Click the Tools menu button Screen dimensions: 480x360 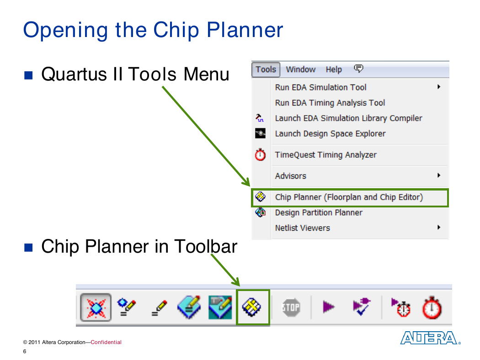tap(266, 69)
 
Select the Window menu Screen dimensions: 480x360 tap(301, 69)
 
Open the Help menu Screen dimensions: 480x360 tap(334, 70)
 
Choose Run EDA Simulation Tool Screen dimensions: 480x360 tap(320, 87)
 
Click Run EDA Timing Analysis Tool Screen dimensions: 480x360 tap(330, 103)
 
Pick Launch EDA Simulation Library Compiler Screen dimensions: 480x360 tap(348, 118)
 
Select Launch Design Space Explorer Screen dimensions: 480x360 tap(330, 134)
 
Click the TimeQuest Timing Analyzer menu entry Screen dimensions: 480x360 tap(325, 155)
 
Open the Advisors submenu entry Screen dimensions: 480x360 tap(290, 176)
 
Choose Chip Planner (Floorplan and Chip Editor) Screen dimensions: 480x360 tap(349, 197)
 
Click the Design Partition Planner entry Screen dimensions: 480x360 tap(318, 212)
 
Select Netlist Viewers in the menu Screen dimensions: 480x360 tap(303, 228)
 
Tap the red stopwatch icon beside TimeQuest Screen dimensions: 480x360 tap(260, 154)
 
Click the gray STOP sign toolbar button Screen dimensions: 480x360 tap(291, 307)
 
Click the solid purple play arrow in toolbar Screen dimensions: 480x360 tap(329, 307)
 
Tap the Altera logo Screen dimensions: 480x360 tap(430, 338)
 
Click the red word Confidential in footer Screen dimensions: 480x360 tap(106, 342)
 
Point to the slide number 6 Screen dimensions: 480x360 tap(25, 351)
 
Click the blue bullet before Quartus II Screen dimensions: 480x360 tap(28, 75)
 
